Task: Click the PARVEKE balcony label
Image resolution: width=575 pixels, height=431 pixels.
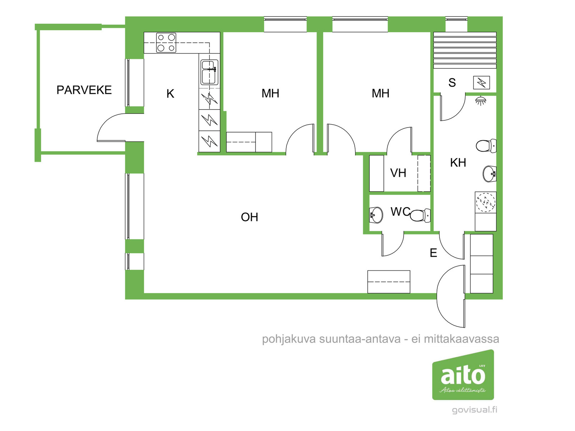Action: coord(84,90)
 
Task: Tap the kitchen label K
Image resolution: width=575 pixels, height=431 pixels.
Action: coord(170,94)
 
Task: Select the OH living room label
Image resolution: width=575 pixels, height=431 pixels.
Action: coord(249,217)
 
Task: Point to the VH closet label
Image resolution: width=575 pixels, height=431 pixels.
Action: coord(398,173)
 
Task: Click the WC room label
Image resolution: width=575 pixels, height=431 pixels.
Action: coord(400,212)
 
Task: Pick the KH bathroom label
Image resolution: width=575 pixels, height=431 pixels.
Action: coord(458,163)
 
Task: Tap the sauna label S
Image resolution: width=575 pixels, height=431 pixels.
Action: coord(452,83)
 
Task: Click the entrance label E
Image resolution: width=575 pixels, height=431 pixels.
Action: coord(433,253)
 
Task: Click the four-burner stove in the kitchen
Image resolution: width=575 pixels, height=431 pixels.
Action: coord(166,43)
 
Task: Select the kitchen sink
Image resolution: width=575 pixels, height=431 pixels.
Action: coord(210,72)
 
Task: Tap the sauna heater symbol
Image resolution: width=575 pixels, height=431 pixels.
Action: coord(482,83)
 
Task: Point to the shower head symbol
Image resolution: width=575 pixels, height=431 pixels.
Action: coord(480,101)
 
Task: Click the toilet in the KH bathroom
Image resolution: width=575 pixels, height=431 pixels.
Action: coord(486,146)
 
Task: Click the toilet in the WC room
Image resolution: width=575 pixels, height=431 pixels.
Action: coord(420,215)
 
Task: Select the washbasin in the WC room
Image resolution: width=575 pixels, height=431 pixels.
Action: coord(376,215)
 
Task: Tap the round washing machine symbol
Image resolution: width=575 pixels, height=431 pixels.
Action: coord(486,202)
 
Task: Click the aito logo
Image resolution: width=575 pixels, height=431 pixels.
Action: coord(463,375)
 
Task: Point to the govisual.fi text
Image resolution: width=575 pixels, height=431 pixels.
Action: coord(474,409)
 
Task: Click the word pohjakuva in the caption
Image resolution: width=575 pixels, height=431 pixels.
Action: coord(289,339)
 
